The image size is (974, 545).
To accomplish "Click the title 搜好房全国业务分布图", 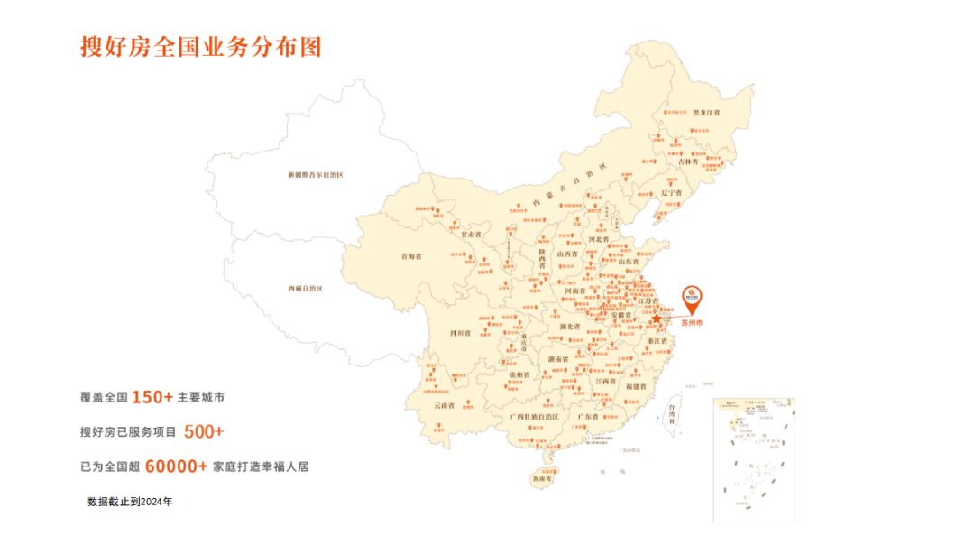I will (x=200, y=47).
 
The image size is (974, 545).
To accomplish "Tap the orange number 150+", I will (x=152, y=397).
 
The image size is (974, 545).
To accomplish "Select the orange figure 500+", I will (x=204, y=431).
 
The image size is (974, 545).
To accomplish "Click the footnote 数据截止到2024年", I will (x=130, y=501).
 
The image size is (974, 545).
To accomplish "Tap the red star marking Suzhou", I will (x=657, y=319).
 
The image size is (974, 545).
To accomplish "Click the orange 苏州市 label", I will (x=692, y=321).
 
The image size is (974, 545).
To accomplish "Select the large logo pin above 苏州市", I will (x=692, y=295).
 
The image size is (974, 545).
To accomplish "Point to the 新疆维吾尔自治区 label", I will (x=316, y=174).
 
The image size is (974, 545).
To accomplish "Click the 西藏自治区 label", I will (x=305, y=289).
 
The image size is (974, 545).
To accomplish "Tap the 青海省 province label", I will (x=411, y=256).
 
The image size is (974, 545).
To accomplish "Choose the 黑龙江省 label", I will (x=706, y=114).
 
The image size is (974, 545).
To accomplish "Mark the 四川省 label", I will (x=461, y=333).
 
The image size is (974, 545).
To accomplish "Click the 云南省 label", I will (x=445, y=405).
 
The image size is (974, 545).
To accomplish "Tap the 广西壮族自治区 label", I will (x=535, y=417).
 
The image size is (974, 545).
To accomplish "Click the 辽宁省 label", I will (x=671, y=193).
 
